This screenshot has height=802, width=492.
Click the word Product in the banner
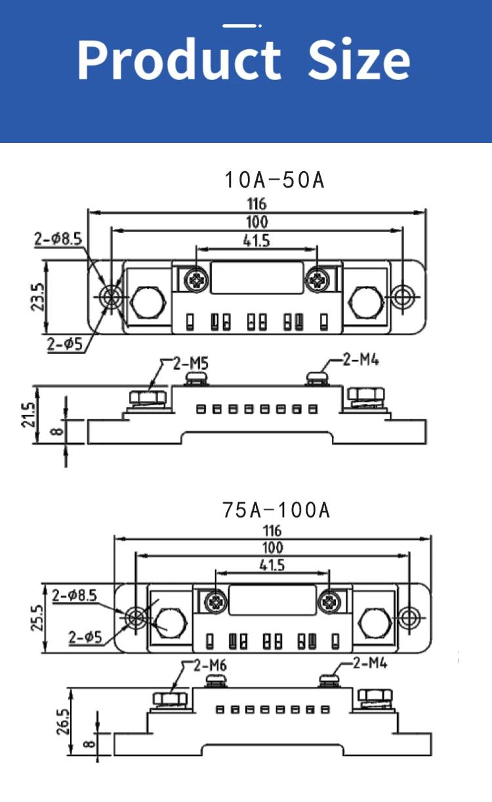(178, 60)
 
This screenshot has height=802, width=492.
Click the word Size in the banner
(359, 60)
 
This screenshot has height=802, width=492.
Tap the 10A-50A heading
(275, 180)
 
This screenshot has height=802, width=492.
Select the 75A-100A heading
(276, 510)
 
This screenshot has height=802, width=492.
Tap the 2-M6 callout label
(210, 666)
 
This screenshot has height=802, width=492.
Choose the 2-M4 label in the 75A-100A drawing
(370, 663)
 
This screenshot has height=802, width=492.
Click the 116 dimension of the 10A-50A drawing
(256, 205)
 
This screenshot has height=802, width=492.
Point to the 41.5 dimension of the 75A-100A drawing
(272, 565)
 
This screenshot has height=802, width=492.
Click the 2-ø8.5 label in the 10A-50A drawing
(58, 239)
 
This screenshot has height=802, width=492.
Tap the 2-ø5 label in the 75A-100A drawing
(85, 636)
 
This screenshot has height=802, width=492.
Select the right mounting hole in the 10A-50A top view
(402, 296)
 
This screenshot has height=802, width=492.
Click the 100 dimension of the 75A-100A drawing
(272, 547)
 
